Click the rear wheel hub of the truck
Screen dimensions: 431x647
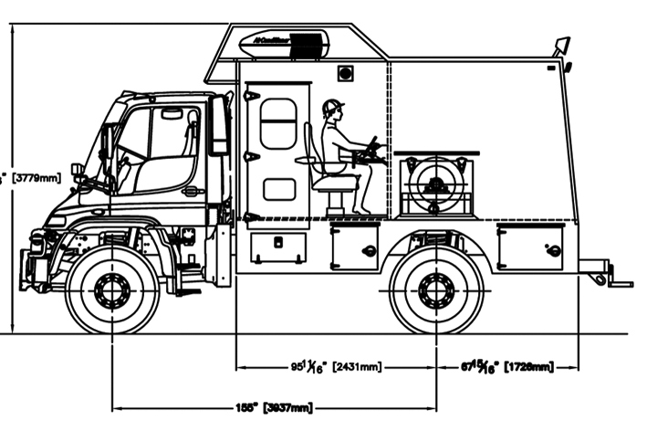tap(436, 289)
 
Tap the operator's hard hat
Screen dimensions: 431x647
tap(332, 107)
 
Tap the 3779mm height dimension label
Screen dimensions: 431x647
tap(27, 179)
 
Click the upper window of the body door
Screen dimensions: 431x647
tap(278, 124)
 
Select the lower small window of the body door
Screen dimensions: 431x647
tap(278, 189)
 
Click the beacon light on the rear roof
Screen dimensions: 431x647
tap(560, 45)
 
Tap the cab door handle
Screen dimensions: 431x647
tap(192, 192)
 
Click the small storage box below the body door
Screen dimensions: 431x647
tap(278, 247)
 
